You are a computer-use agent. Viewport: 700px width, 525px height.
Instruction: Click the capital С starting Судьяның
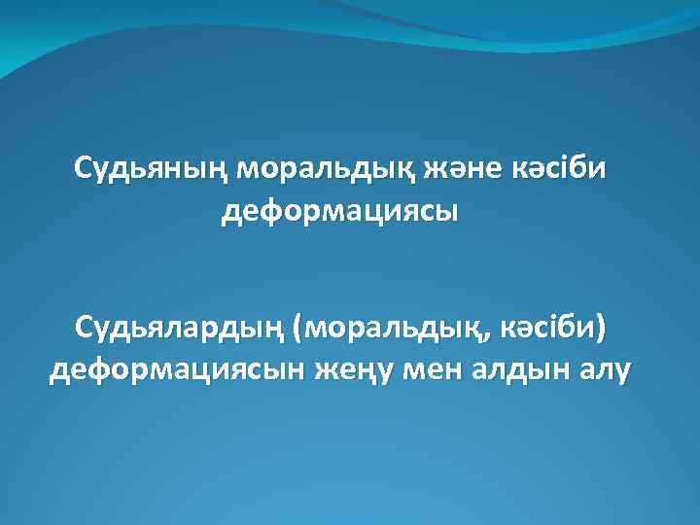click(82, 169)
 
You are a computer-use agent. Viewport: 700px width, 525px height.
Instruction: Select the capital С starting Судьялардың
click(82, 331)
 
